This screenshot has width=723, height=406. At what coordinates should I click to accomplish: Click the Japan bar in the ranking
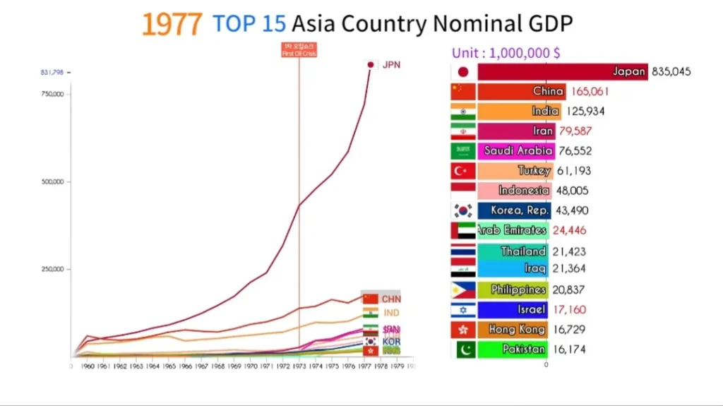(562, 71)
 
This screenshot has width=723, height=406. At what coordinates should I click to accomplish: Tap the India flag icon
(463, 112)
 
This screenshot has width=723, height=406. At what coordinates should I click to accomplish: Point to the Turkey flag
(463, 171)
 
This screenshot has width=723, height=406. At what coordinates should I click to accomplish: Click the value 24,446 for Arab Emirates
(569, 230)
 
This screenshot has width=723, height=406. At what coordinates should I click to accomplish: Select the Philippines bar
(513, 289)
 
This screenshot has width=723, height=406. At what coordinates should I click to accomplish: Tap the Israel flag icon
(463, 310)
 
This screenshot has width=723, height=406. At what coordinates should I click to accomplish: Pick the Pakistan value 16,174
(569, 350)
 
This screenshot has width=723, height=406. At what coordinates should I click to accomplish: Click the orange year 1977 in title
(172, 25)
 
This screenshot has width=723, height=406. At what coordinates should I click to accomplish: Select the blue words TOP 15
(249, 24)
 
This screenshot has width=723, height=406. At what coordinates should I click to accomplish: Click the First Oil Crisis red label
(299, 50)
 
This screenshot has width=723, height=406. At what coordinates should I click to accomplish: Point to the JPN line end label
(390, 65)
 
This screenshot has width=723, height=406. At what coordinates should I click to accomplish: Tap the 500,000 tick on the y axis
(53, 181)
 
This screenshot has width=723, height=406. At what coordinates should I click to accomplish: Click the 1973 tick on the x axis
(299, 367)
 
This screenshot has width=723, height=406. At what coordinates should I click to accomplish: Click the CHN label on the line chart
(390, 299)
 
